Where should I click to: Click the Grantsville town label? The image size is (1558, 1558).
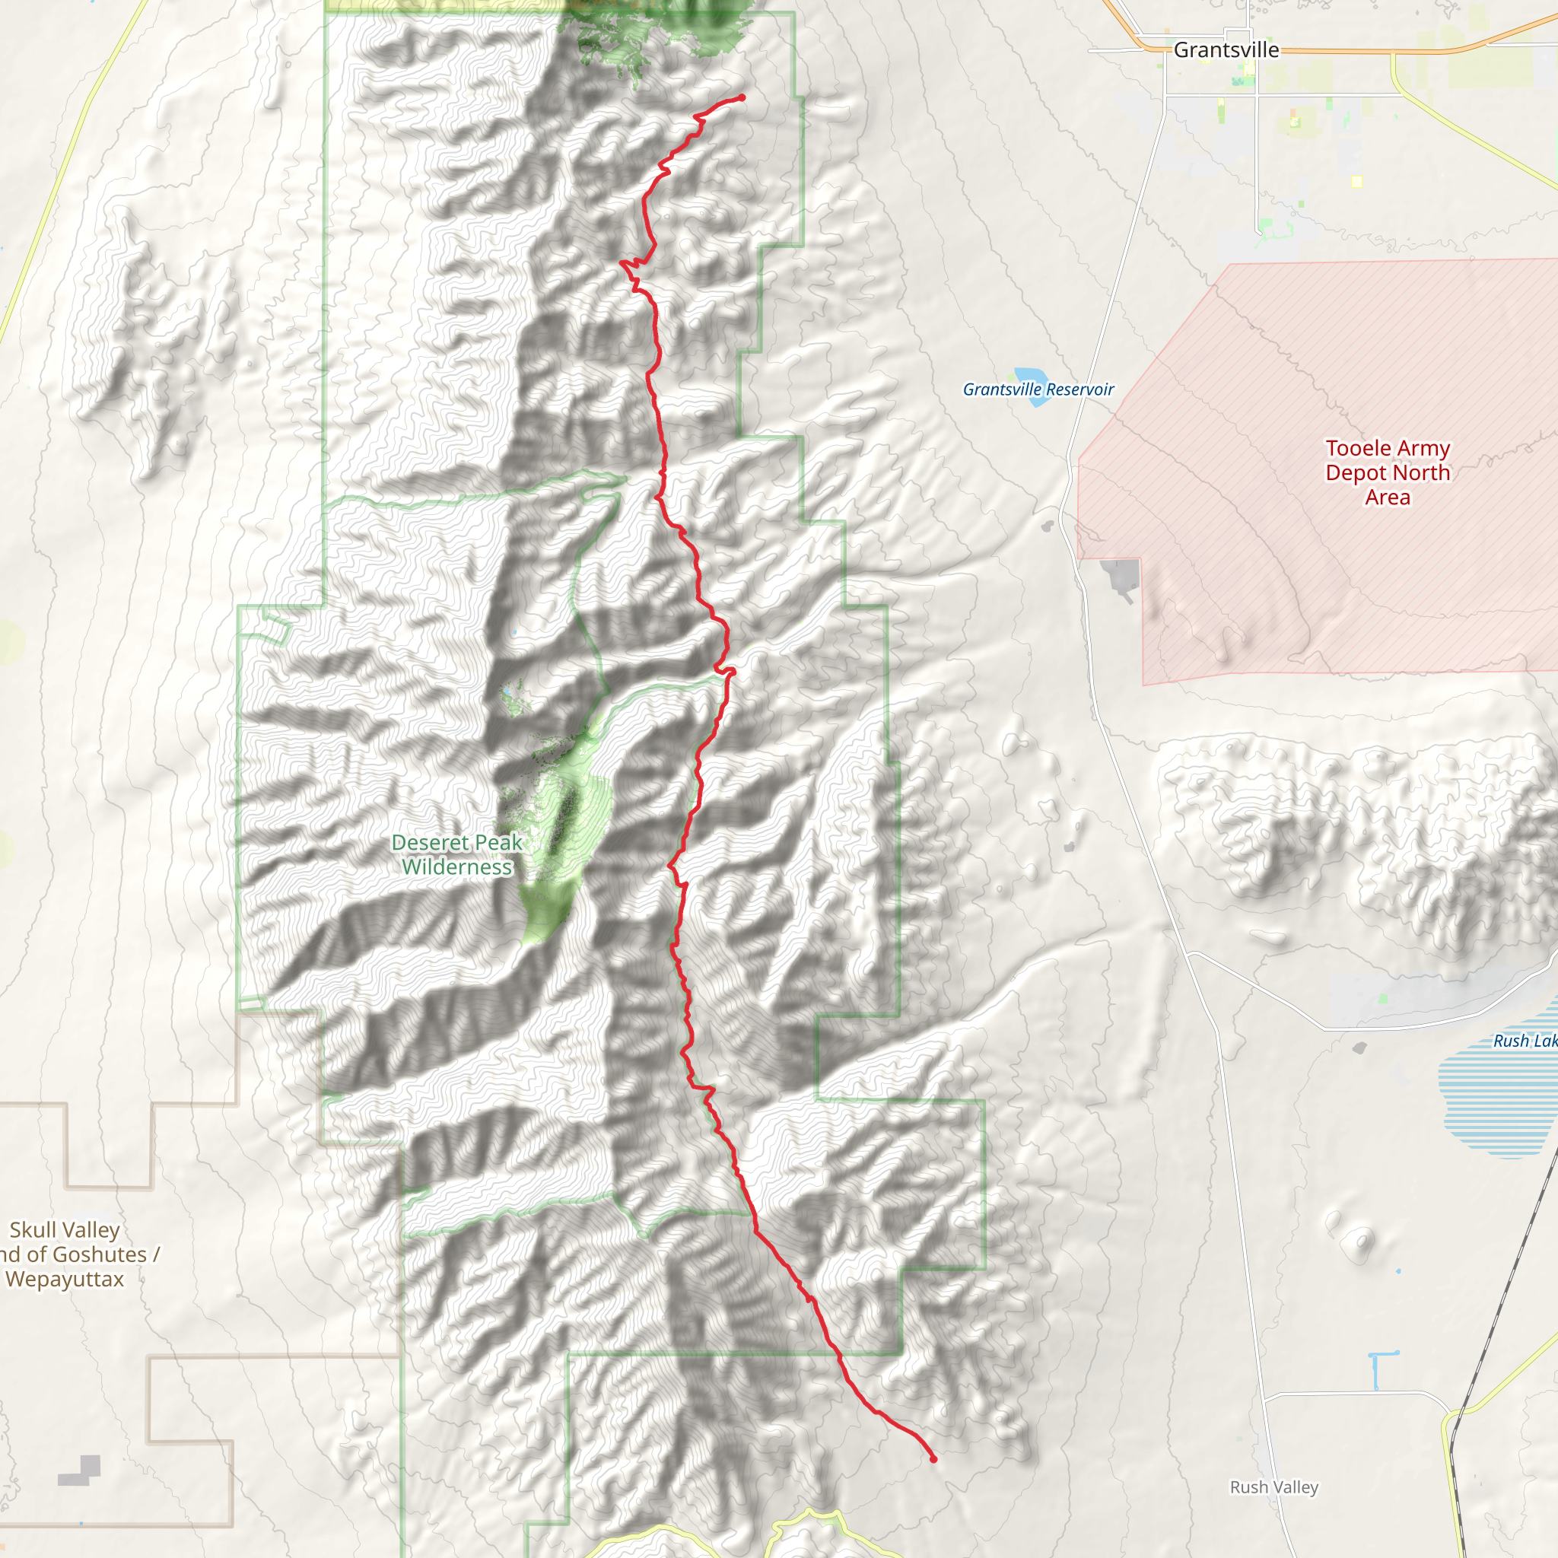(x=1226, y=50)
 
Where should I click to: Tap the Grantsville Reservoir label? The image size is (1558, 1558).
(x=1038, y=389)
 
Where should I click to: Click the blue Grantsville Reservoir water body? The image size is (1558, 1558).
(x=1032, y=377)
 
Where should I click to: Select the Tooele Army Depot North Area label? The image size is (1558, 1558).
(x=1387, y=472)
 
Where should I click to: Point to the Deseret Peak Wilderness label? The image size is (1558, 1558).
(x=456, y=855)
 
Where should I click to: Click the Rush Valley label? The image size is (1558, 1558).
(x=1273, y=1486)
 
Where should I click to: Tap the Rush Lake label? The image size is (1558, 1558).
(x=1523, y=1041)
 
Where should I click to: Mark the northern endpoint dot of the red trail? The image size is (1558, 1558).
(x=741, y=98)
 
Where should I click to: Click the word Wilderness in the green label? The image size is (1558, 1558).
(x=456, y=868)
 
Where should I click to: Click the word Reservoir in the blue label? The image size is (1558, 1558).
(x=1079, y=389)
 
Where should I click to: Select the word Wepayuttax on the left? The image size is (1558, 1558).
(x=65, y=1279)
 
